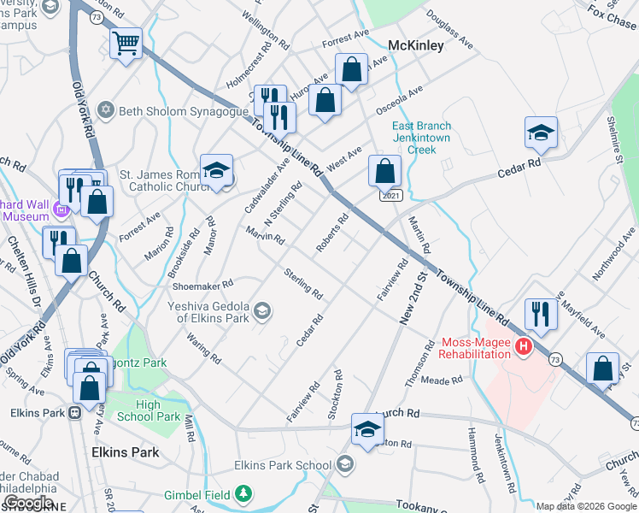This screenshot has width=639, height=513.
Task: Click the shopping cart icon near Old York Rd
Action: pyautogui.click(x=126, y=42)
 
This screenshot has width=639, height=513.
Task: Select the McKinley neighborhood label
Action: pyautogui.click(x=415, y=45)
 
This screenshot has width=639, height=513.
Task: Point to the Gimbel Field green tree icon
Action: pyautogui.click(x=244, y=492)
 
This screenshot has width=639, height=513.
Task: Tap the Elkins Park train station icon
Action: pyautogui.click(x=74, y=412)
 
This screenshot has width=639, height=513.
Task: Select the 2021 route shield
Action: pyautogui.click(x=390, y=196)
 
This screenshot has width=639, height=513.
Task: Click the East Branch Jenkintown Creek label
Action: pyautogui.click(x=421, y=138)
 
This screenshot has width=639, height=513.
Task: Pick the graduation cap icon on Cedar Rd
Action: pyautogui.click(x=541, y=133)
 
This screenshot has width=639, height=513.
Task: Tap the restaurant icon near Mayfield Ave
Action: pyautogui.click(x=541, y=313)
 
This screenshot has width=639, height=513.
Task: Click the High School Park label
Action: pyautogui.click(x=158, y=411)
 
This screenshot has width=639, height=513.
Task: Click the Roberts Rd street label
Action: pyautogui.click(x=332, y=233)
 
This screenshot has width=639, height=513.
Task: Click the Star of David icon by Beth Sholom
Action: pyautogui.click(x=106, y=109)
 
